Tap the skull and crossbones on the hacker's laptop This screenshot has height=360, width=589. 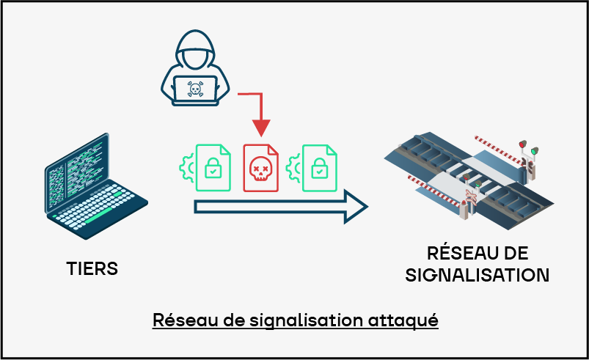tap(195, 89)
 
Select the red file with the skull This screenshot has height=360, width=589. tap(261, 167)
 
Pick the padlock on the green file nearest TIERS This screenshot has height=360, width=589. tap(212, 167)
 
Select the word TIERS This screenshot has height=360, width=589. tap(92, 268)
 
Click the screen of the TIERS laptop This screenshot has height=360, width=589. tap(77, 173)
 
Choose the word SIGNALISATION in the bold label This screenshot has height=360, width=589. tap(477, 275)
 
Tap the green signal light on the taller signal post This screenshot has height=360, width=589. tap(534, 152)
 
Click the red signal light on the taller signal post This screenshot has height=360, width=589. tap(522, 144)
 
